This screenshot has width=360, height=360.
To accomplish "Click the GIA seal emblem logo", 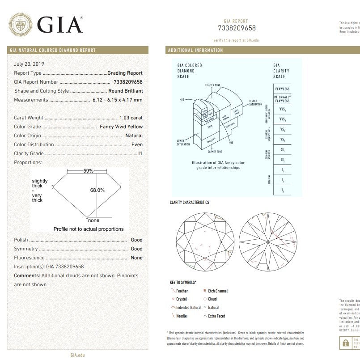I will pyautogui.click(x=21, y=24).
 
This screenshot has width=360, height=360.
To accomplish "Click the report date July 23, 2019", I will pyautogui.click(x=29, y=64).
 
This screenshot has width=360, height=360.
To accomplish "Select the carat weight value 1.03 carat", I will pyautogui.click(x=131, y=118).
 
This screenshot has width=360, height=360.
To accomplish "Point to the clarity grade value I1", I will pyautogui.click(x=140, y=153).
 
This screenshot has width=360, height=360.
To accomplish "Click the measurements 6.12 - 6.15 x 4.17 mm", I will pyautogui.click(x=117, y=100).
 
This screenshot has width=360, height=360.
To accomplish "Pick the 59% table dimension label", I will pyautogui.click(x=89, y=171).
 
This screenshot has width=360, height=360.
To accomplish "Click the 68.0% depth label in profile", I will pyautogui.click(x=97, y=190).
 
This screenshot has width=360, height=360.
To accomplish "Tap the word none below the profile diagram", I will pyautogui.click(x=93, y=220).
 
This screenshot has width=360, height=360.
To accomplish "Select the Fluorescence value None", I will pyautogui.click(x=136, y=258).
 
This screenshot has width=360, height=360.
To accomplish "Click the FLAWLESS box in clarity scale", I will pyautogui.click(x=282, y=89).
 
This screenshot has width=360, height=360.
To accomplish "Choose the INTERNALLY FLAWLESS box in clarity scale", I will pyautogui.click(x=282, y=99).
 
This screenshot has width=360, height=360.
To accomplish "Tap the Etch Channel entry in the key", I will pyautogui.click(x=217, y=291).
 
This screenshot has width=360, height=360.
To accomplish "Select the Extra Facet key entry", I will pyautogui.click(x=216, y=316).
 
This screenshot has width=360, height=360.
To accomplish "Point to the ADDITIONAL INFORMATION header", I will pyautogui.click(x=195, y=50).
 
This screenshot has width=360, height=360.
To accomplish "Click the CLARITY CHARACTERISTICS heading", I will pyautogui.click(x=189, y=203).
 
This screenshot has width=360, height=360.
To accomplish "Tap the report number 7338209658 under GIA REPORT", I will pyautogui.click(x=237, y=28).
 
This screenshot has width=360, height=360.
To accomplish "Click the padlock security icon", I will pyautogui.click(x=345, y=343).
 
